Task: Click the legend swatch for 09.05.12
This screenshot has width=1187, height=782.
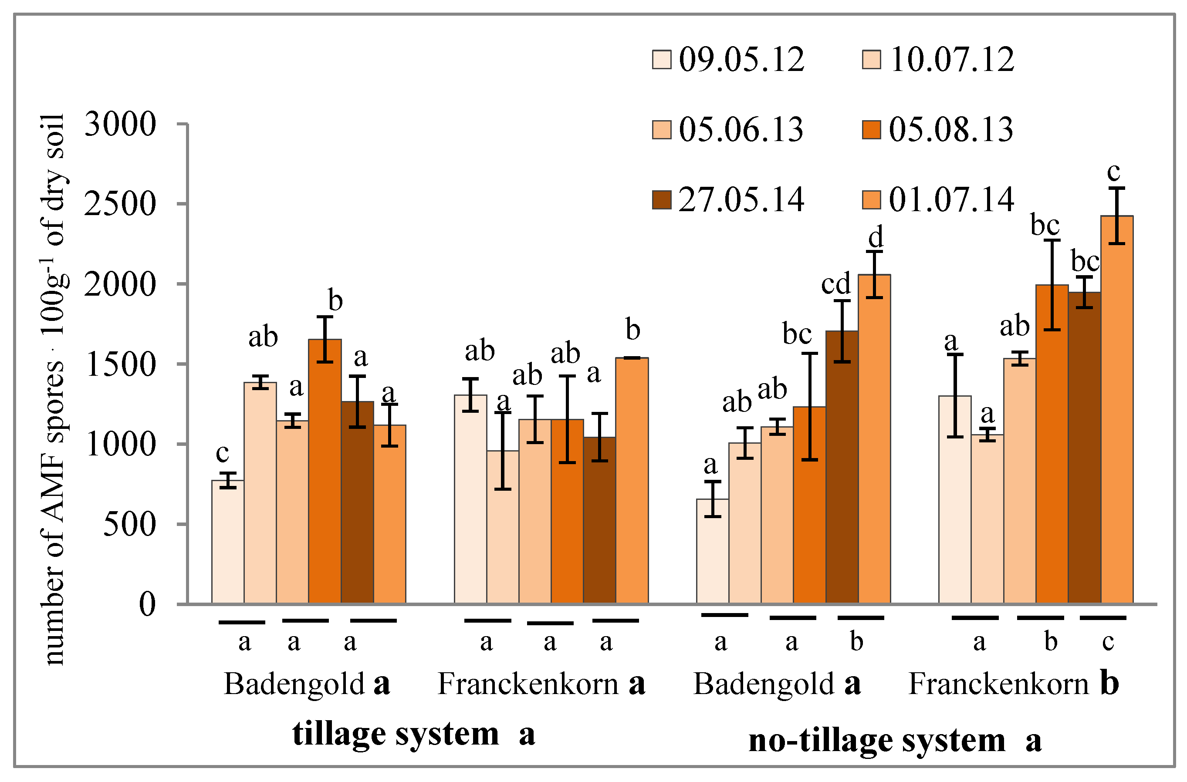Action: point(662,59)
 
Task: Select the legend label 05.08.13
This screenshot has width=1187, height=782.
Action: point(950,130)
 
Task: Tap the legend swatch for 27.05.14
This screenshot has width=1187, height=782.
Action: point(662,199)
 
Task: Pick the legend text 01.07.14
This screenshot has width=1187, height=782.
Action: point(951,200)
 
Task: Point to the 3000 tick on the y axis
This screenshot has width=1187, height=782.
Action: point(120,124)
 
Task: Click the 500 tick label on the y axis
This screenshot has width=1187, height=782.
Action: point(129,525)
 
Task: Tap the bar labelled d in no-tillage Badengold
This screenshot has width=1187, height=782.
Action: point(874,439)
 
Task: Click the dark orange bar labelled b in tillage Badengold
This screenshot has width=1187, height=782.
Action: point(325,471)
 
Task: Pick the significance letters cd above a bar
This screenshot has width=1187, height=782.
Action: point(836,284)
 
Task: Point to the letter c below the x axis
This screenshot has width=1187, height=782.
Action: point(1108,641)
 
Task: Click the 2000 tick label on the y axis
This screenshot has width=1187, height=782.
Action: point(120,285)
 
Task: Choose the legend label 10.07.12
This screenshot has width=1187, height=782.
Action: point(951,60)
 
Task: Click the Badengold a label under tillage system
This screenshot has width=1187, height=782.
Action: point(306,684)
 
